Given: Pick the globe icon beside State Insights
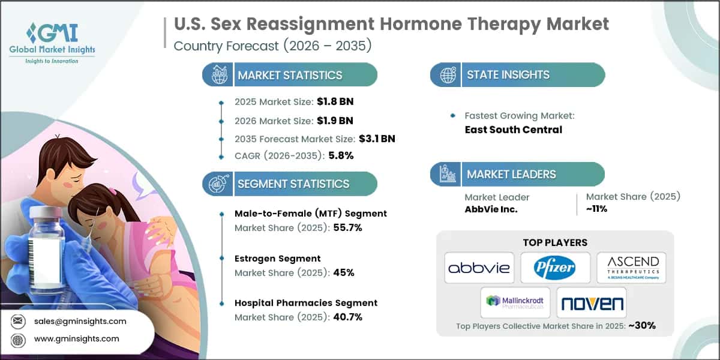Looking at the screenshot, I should [447, 75].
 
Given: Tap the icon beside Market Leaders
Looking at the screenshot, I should [447, 175].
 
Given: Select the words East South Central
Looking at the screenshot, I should [513, 129].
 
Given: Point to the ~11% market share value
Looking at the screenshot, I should [597, 209].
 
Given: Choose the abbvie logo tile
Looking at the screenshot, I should [478, 268].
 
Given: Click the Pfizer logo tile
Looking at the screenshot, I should [555, 268].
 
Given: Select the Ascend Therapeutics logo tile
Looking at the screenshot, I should [631, 268].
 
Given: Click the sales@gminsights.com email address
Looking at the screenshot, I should [80, 321].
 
